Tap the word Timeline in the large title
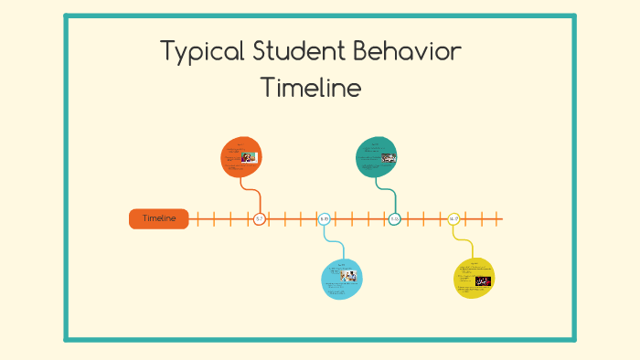[311, 89]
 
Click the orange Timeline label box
[159, 218]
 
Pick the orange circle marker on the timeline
[259, 219]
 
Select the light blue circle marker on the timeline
[324, 219]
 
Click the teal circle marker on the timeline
[394, 219]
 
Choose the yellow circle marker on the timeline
[453, 219]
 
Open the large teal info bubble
[376, 156]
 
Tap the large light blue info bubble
[342, 279]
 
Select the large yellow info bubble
[475, 278]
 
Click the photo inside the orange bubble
[250, 157]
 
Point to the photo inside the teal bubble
[389, 157]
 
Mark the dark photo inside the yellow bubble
[483, 281]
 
